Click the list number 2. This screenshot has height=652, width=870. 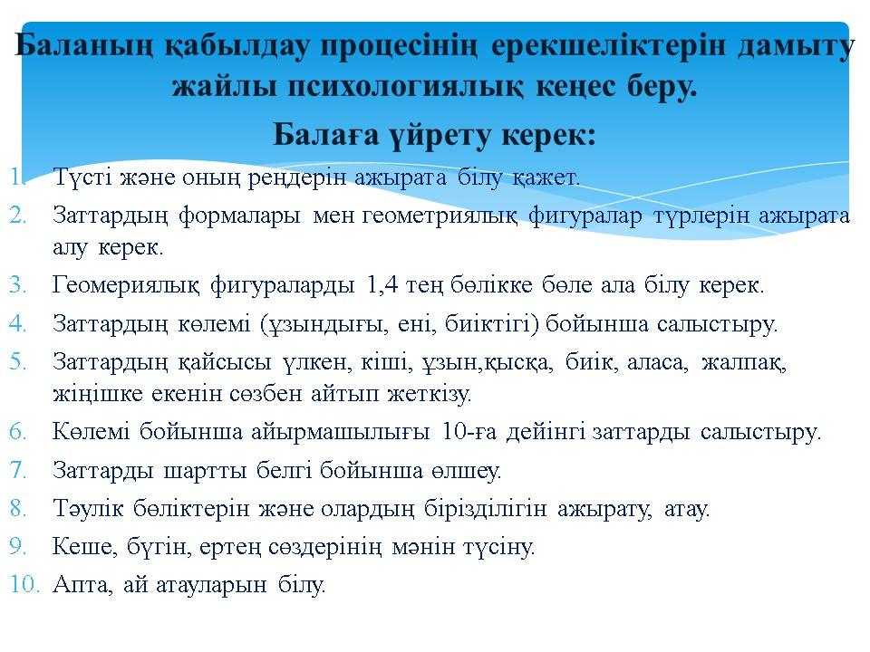coord(18,216)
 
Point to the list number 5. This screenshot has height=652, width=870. coord(18,362)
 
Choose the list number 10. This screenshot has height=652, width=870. coord(24,584)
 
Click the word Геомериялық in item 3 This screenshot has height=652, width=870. coord(125,286)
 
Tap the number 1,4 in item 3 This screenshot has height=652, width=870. coord(382,285)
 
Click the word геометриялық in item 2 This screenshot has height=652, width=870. coord(440,216)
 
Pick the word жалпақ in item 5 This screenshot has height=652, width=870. coord(743,363)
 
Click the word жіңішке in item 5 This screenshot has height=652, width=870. coord(97,395)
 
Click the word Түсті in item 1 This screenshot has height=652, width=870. coord(82,178)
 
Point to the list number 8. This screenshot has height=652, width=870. coord(18,508)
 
